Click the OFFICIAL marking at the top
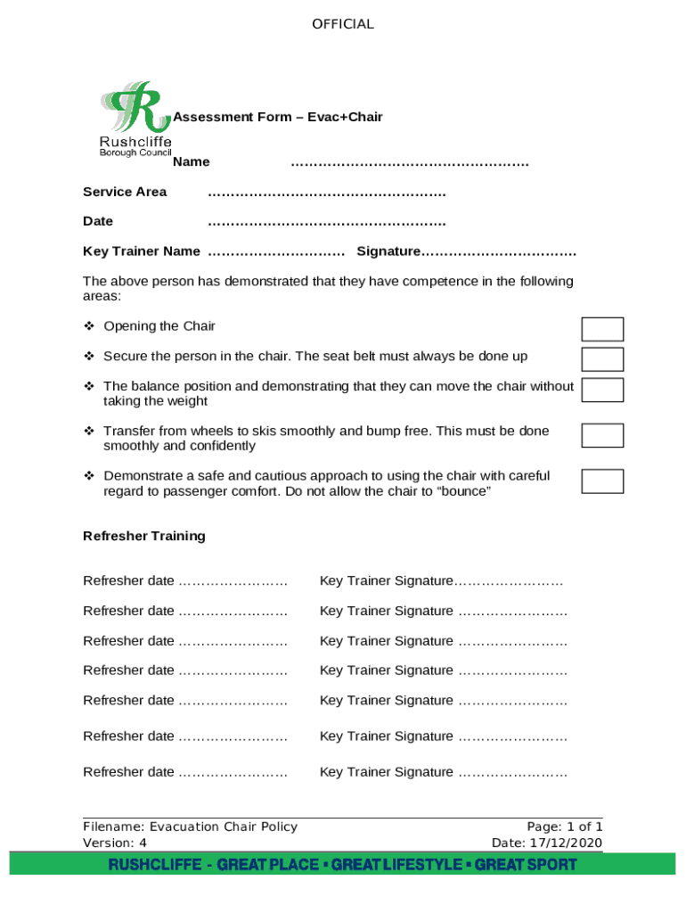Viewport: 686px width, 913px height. click(x=343, y=24)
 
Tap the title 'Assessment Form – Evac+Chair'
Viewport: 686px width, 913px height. click(x=278, y=117)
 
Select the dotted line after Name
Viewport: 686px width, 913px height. click(x=410, y=162)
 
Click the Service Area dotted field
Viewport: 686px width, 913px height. click(x=326, y=192)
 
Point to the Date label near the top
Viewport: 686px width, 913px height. click(x=98, y=221)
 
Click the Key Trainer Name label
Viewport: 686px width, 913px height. click(x=141, y=251)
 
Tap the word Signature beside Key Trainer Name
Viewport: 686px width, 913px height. click(x=388, y=251)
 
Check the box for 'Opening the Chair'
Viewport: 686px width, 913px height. click(x=602, y=329)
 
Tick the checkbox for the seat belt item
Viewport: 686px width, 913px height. click(x=602, y=358)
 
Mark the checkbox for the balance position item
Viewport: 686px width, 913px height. click(x=602, y=390)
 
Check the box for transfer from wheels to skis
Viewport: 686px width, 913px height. click(x=602, y=435)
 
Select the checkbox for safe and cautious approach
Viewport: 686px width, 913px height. click(x=602, y=481)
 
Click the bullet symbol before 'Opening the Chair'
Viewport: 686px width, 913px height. click(x=89, y=326)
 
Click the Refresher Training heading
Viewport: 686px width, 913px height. click(x=144, y=536)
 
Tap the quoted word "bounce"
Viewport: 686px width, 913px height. click(x=461, y=491)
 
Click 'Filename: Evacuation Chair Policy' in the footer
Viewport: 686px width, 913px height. click(x=190, y=827)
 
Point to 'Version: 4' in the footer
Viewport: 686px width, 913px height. click(x=115, y=843)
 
